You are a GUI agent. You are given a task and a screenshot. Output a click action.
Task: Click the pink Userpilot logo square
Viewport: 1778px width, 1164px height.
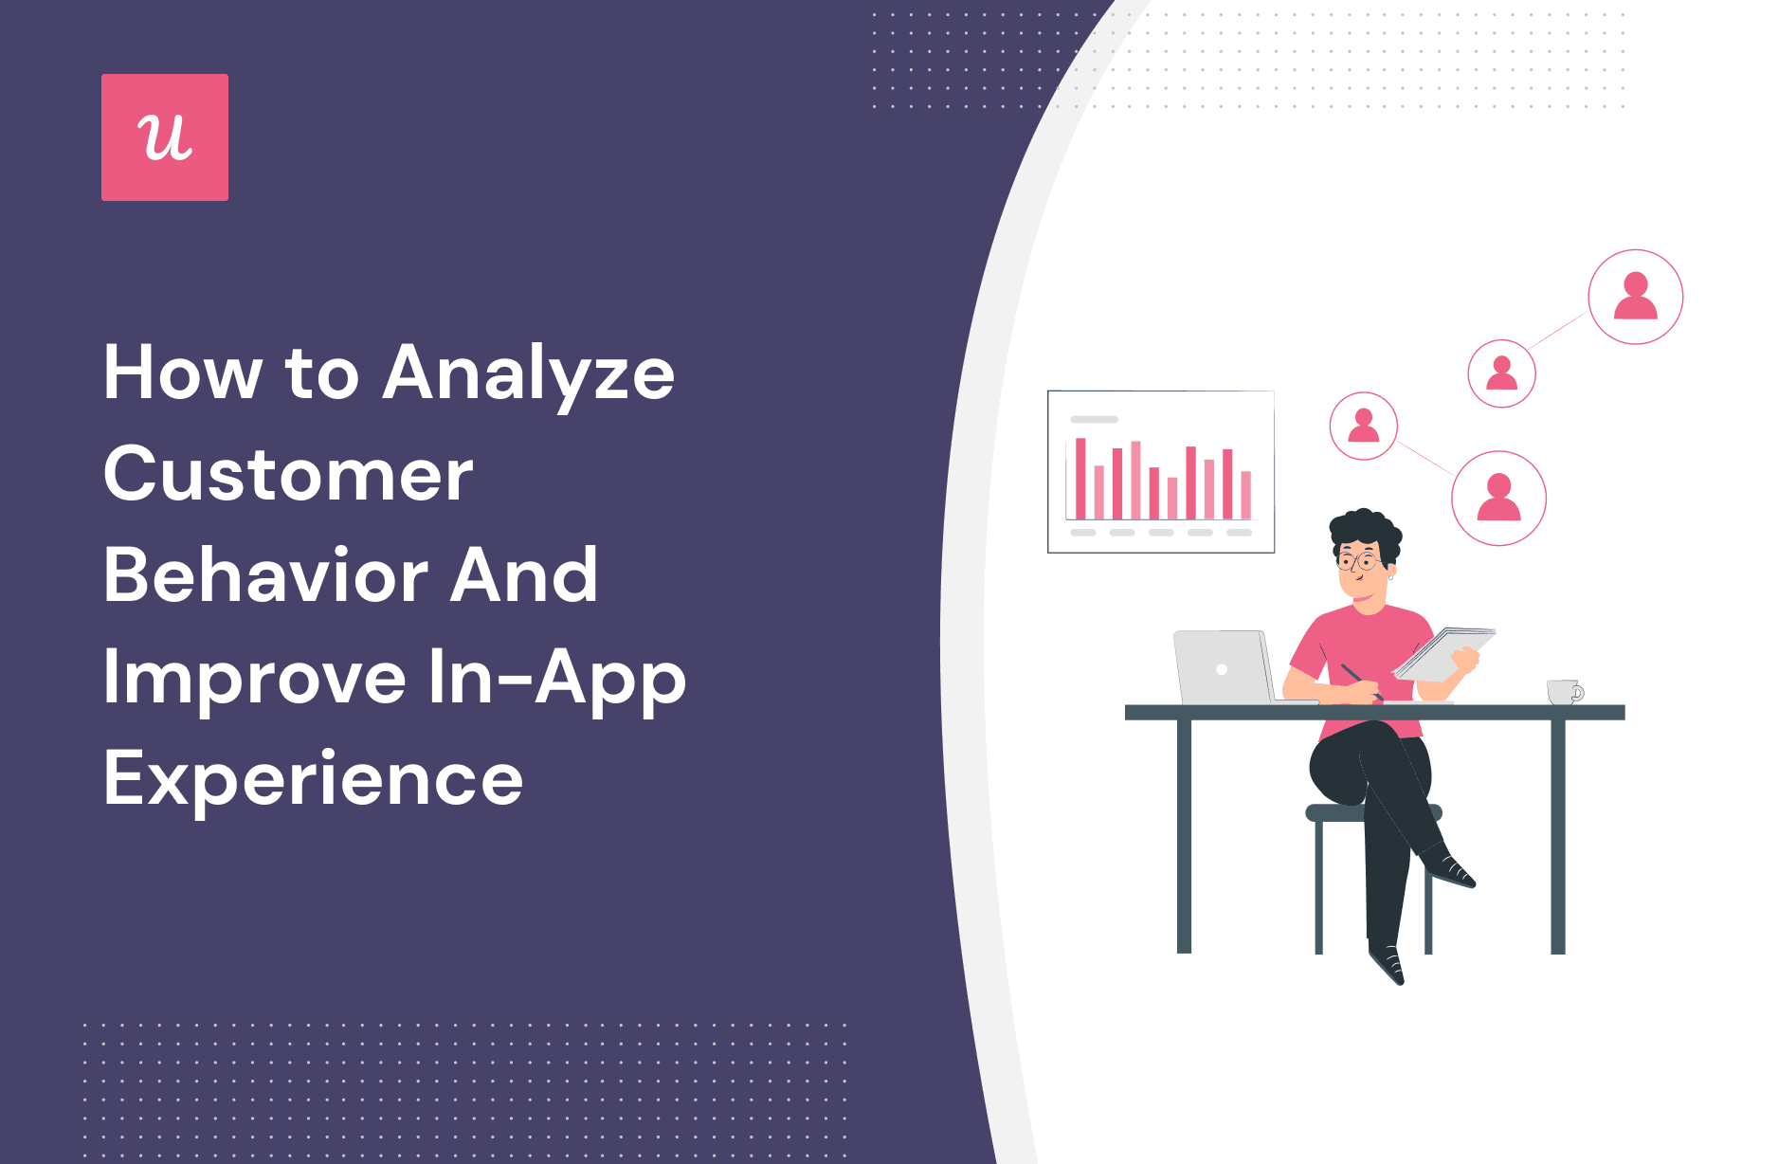[165, 137]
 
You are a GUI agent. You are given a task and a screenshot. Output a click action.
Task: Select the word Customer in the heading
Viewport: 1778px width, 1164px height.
[288, 474]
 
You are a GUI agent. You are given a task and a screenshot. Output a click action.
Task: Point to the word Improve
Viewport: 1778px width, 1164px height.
[255, 679]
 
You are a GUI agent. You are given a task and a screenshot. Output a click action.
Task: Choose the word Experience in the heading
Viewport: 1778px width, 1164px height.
[313, 779]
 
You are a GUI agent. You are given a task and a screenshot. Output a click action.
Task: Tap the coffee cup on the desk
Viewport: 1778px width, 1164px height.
[1563, 692]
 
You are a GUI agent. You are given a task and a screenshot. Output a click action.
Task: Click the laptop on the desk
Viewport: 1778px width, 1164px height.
[1223, 667]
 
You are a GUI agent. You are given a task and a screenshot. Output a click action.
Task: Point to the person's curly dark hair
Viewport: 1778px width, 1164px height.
[1365, 531]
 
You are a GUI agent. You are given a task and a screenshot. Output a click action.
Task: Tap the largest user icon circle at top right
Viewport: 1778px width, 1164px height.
[1635, 297]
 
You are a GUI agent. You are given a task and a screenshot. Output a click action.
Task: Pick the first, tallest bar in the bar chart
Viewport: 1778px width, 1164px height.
[1080, 478]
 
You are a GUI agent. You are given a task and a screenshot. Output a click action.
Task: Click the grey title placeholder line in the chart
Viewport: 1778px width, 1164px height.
[1094, 419]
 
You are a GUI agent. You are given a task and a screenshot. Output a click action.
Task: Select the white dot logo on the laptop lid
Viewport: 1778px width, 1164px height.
[1222, 669]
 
